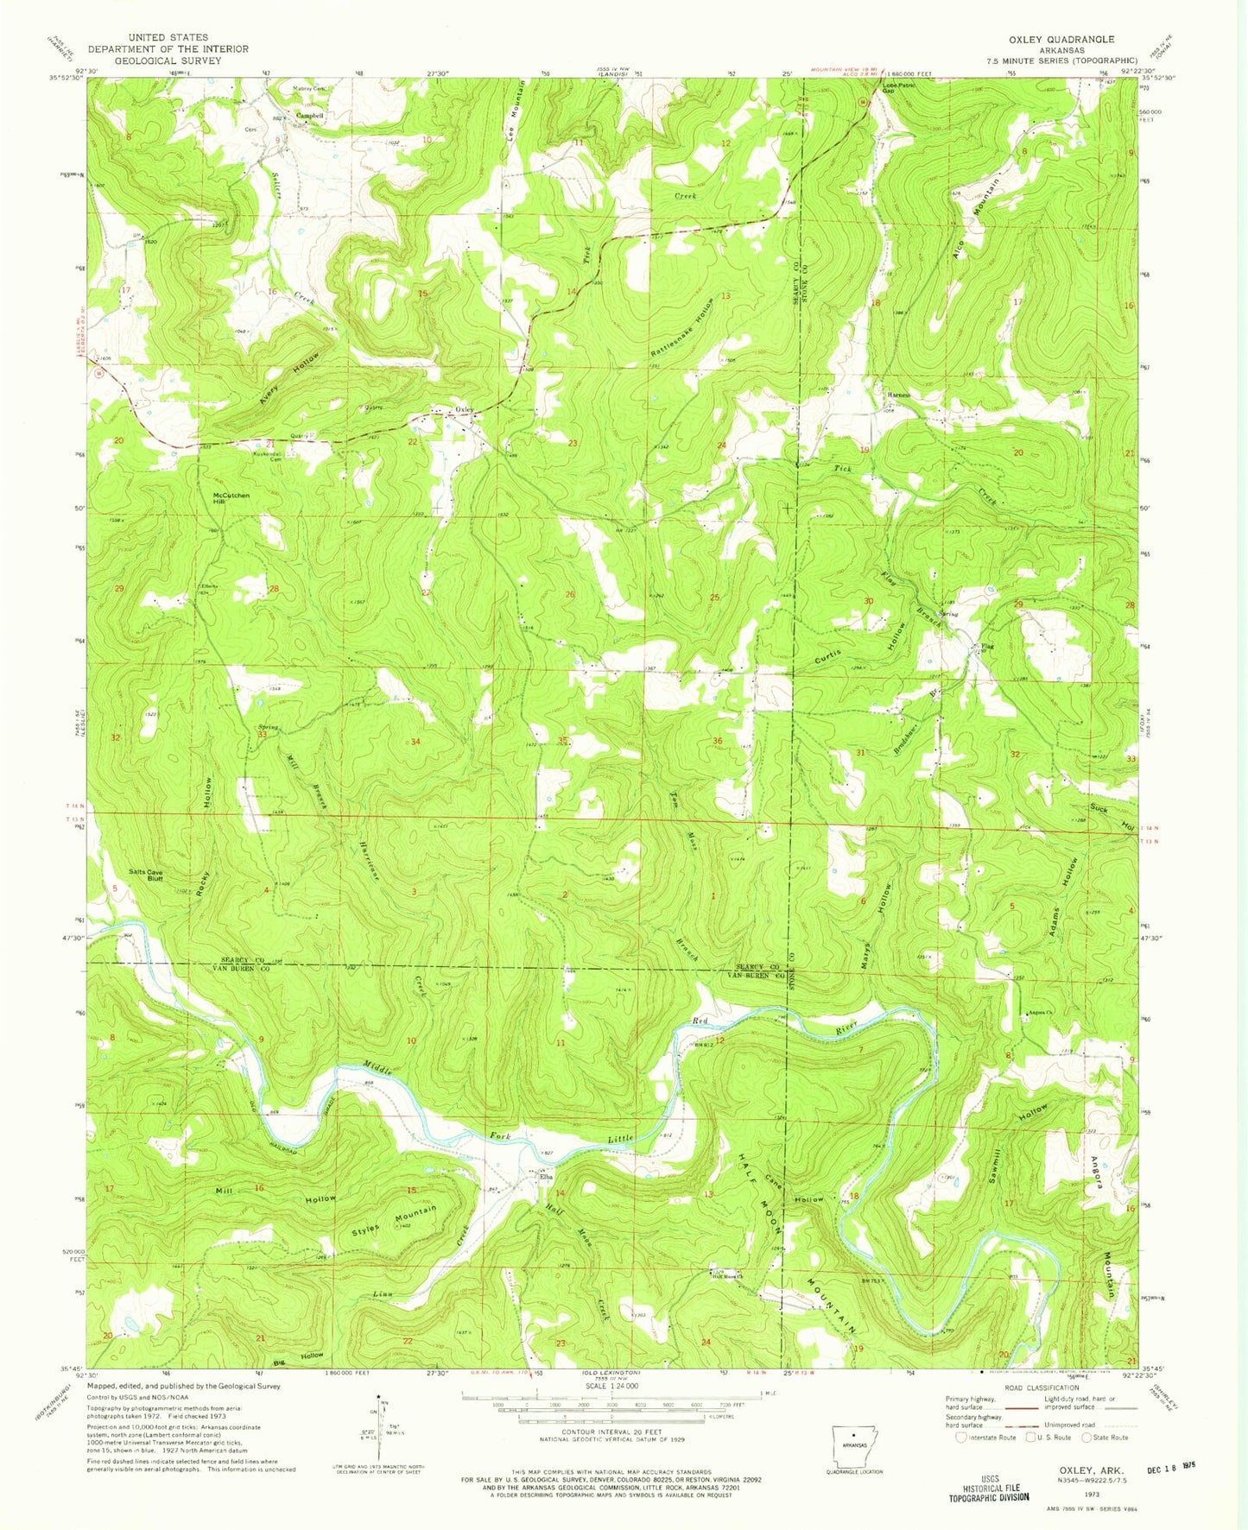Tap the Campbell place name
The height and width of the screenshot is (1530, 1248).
[310, 116]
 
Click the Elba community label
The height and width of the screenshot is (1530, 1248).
[546, 1177]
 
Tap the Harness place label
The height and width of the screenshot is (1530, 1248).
[899, 395]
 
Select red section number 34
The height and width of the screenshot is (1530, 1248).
[415, 742]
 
